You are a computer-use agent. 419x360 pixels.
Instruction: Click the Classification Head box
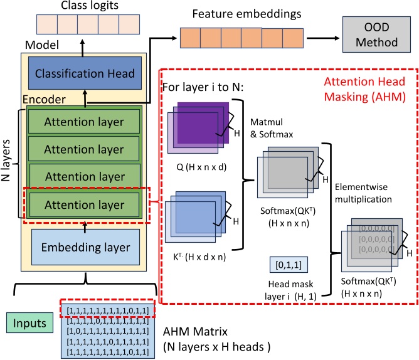pos(85,74)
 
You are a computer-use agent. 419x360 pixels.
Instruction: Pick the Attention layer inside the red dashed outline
pos(85,204)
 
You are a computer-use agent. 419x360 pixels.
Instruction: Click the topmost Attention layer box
pos(85,121)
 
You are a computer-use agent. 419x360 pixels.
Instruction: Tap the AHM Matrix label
pos(204,332)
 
